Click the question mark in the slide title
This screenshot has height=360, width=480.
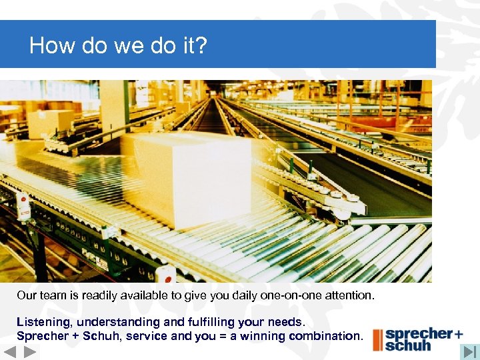(201, 45)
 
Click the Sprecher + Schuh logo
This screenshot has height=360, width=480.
(418, 339)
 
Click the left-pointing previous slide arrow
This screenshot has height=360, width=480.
(9, 352)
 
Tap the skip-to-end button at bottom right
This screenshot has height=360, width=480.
(470, 351)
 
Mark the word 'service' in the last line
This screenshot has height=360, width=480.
(149, 336)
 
